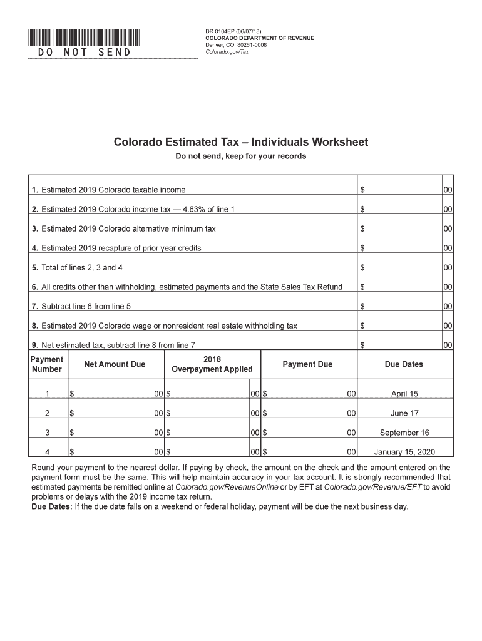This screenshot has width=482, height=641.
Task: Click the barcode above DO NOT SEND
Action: point(84,37)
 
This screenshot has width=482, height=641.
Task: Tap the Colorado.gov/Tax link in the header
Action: point(227,52)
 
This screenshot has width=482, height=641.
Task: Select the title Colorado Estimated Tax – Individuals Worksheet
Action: point(240,142)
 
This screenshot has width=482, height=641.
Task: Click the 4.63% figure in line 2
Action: point(179,209)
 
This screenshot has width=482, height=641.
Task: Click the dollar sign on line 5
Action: point(362,267)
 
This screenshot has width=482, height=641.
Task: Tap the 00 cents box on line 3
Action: point(448,228)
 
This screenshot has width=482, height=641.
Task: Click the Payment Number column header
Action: point(47,364)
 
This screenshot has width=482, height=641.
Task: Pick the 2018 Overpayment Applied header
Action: point(212,364)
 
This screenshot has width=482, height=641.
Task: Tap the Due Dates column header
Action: point(404,364)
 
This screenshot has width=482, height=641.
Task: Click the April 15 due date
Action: point(404,394)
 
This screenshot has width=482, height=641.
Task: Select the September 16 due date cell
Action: point(404,433)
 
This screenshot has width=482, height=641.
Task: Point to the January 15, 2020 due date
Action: point(404,452)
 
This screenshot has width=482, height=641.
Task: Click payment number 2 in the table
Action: point(47,413)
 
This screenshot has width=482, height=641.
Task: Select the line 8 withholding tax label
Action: point(164,326)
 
